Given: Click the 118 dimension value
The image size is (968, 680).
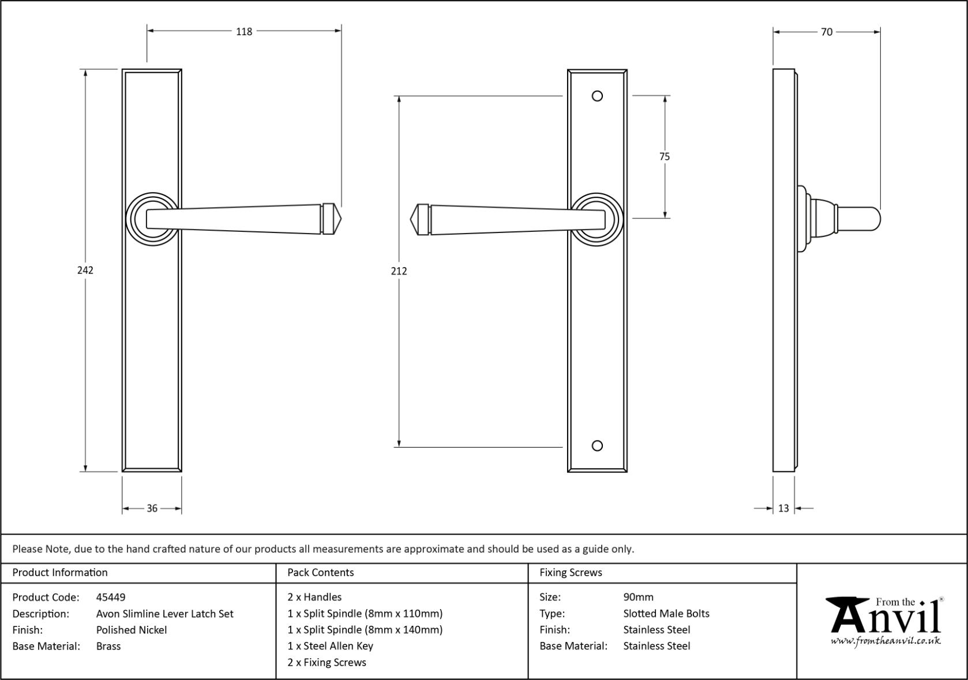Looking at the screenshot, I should tap(244, 32).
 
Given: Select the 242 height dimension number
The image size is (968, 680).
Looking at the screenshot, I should tap(85, 270).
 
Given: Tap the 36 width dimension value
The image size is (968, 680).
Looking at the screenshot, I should tap(152, 508).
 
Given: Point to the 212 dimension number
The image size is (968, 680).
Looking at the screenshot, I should tap(399, 271).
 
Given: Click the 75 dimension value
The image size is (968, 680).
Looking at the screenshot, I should tap(664, 156).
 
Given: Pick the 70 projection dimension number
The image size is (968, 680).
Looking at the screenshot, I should tap(827, 32).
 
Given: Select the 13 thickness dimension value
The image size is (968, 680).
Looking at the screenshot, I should tap(783, 508).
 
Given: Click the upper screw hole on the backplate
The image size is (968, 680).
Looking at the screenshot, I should tap(598, 96).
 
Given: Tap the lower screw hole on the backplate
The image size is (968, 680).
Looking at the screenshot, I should tap(598, 445).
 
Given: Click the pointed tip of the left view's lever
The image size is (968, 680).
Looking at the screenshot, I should tap(340, 219).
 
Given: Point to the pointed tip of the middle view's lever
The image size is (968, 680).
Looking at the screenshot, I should tap(411, 220).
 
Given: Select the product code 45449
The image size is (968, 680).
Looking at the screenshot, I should tap(111, 597).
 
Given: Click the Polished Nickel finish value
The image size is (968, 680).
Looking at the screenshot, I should tap(132, 630).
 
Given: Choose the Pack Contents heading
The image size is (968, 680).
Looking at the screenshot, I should tap(321, 572).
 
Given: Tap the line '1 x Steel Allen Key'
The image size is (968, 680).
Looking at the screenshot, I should tap(331, 646).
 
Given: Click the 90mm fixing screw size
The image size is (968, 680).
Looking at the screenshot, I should tap(638, 597).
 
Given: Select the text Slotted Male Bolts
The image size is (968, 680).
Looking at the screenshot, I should tap(666, 614).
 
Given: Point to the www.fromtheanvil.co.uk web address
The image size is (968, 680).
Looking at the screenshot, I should tap(886, 641).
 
